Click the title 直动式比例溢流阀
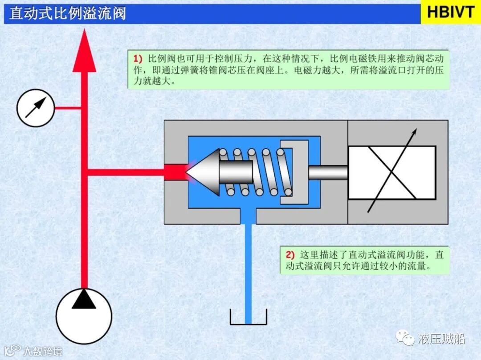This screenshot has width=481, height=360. coord(68,13)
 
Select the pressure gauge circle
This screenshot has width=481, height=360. coord(36,108)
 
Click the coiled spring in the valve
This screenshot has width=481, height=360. coord(258,172)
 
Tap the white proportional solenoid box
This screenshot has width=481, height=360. coord(391,172)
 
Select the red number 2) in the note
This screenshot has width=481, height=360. coord(290,255)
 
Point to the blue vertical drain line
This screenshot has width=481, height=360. coord(248,267)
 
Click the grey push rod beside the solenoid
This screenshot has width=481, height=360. coord(328,172)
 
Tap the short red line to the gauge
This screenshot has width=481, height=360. coord(67,108)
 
